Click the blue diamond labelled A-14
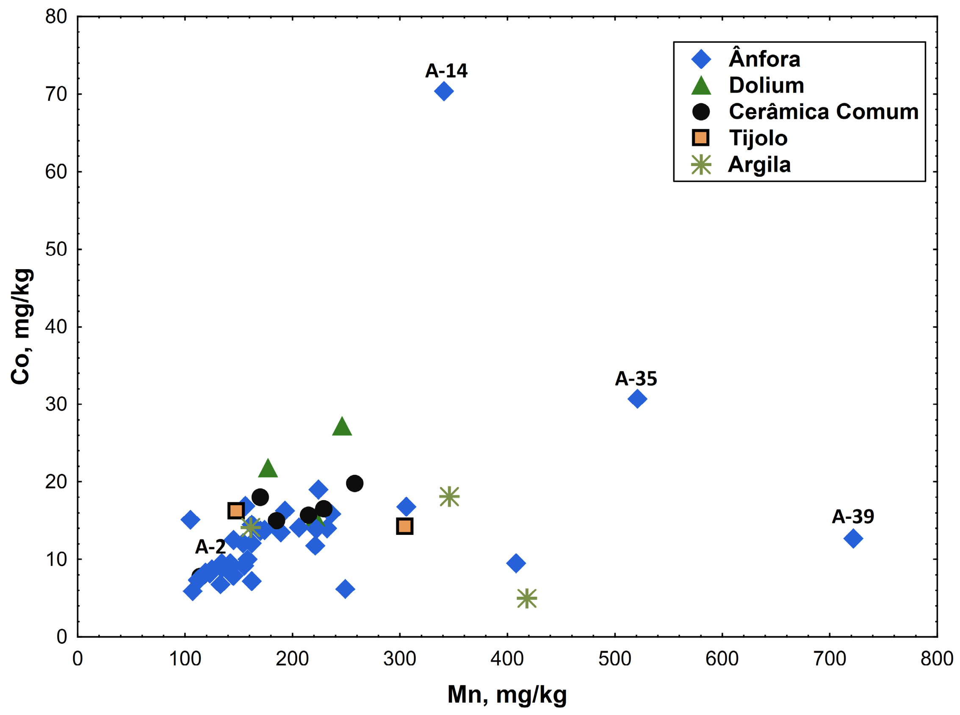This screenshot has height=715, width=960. pyautogui.click(x=444, y=91)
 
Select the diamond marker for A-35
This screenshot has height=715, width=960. pyautogui.click(x=637, y=399)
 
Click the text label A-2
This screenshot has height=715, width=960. pyautogui.click(x=210, y=547)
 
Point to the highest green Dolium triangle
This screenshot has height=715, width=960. pyautogui.click(x=342, y=427)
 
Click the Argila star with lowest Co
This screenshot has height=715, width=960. pyautogui.click(x=527, y=598)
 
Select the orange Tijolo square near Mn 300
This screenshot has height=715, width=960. pyautogui.click(x=404, y=526)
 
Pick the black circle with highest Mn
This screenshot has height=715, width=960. pyautogui.click(x=354, y=484)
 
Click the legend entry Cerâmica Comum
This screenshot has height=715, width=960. pyautogui.click(x=823, y=111)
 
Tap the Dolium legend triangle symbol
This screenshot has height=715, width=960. pyautogui.click(x=701, y=85)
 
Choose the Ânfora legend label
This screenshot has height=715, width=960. pyautogui.click(x=764, y=59)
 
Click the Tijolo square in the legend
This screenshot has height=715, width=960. pyautogui.click(x=700, y=138)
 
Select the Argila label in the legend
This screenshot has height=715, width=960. pyautogui.click(x=759, y=165)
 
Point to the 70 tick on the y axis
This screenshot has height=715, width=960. pyautogui.click(x=56, y=95)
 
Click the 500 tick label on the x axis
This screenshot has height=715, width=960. pyautogui.click(x=614, y=659)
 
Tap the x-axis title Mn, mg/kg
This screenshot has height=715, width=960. pyautogui.click(x=507, y=695)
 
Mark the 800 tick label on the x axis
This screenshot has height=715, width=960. pyautogui.click(x=937, y=659)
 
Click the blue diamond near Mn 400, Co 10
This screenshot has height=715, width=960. pyautogui.click(x=515, y=564)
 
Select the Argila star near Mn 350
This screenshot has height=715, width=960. pyautogui.click(x=449, y=496)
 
